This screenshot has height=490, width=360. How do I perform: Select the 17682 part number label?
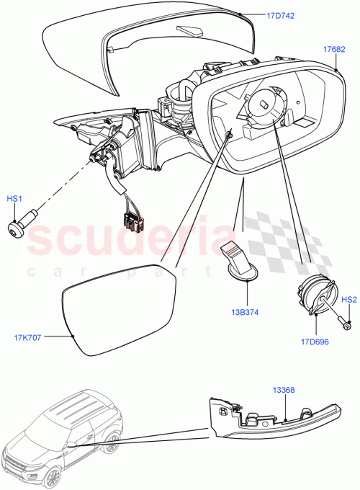(335, 50)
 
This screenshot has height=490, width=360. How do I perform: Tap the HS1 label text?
(15, 198)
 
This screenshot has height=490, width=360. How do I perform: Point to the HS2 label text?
(348, 299)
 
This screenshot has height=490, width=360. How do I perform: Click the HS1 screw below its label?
(17, 226)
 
